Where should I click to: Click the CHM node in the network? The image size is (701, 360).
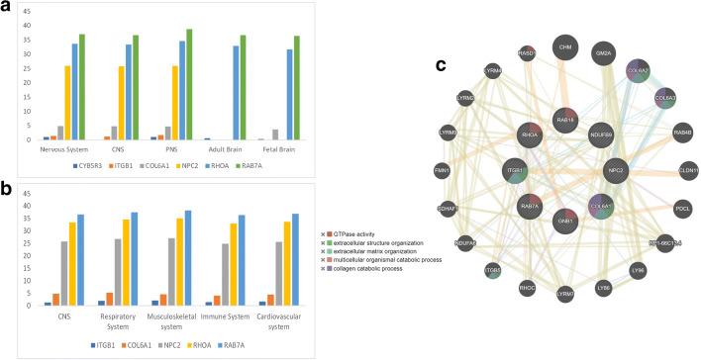pyautogui.click(x=566, y=46)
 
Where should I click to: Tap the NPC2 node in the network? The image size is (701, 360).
pyautogui.click(x=618, y=169)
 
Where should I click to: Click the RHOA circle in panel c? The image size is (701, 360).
pyautogui.click(x=530, y=136)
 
